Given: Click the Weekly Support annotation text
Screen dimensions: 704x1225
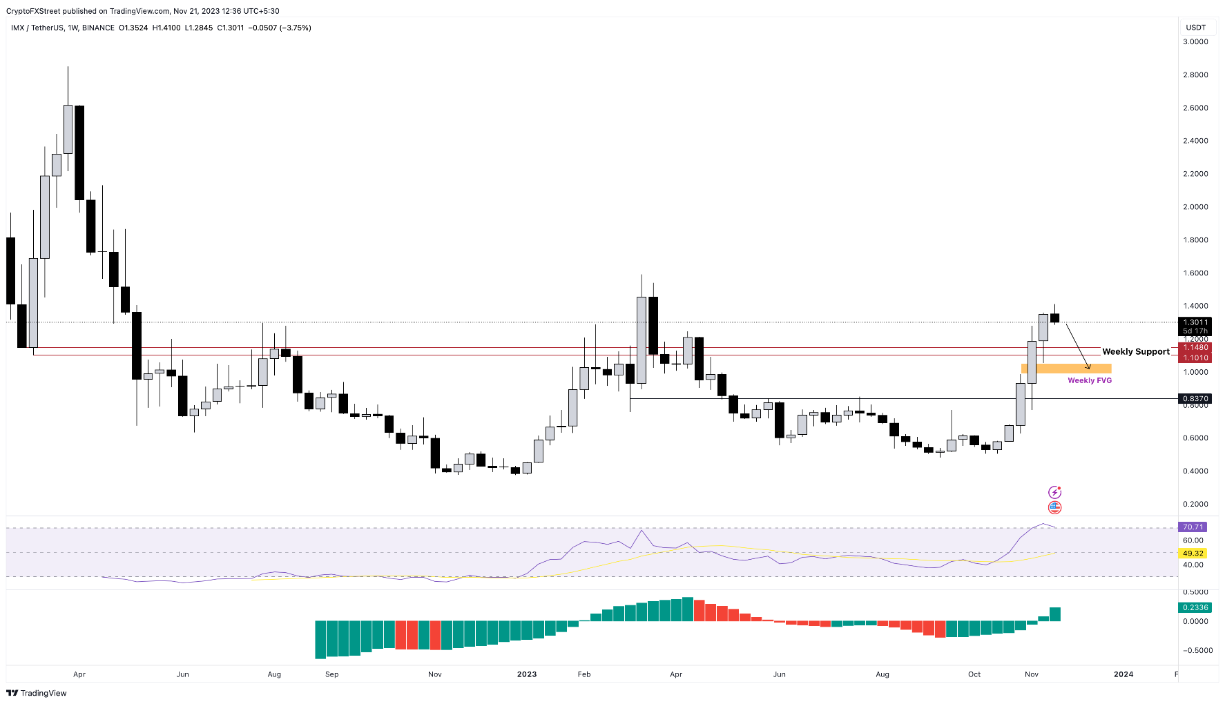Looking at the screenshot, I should click(x=1136, y=352).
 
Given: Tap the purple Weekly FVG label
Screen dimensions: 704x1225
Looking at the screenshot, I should click(x=1090, y=380).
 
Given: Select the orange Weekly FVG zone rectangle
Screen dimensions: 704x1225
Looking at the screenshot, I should click(x=1066, y=369).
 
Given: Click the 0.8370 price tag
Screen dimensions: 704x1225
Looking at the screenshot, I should click(x=1195, y=399).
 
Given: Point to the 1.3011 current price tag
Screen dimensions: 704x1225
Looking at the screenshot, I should click(x=1195, y=322).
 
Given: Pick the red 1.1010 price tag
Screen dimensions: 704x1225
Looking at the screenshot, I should click(x=1195, y=358).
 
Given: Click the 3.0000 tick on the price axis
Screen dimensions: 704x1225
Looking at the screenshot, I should click(x=1195, y=42).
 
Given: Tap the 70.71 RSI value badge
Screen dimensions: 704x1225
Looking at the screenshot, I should click(x=1193, y=527).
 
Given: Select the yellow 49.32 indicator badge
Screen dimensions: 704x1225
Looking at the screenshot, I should click(x=1193, y=554).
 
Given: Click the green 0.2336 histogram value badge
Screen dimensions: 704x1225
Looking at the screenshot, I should click(x=1195, y=608).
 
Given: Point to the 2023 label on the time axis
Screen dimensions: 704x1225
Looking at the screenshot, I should click(x=527, y=674).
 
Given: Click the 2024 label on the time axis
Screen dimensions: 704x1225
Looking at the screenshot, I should click(x=1123, y=674).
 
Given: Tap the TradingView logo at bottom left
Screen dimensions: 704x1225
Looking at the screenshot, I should click(x=37, y=693).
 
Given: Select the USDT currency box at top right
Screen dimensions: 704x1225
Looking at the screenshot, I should click(x=1196, y=28).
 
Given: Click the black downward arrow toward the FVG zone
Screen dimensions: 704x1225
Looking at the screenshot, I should click(x=1077, y=345).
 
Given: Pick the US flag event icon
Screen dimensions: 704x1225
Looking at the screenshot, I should click(x=1054, y=508).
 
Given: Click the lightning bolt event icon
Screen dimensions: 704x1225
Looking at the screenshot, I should click(x=1054, y=492).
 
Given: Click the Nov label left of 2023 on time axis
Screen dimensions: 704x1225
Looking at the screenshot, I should click(x=434, y=674).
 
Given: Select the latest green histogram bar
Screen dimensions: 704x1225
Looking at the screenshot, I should click(x=1055, y=614).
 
